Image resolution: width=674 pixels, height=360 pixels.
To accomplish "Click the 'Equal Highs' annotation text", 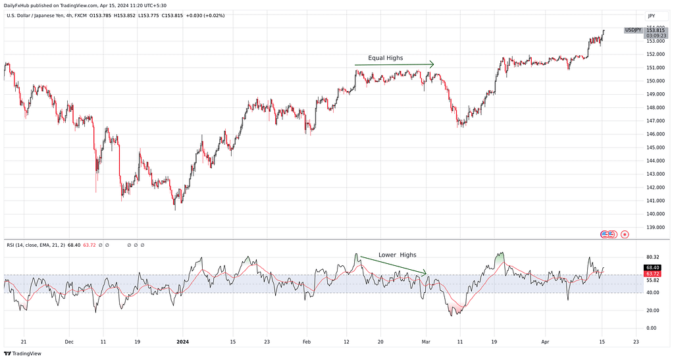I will (385, 58).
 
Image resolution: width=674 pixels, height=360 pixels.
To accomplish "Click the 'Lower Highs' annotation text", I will (397, 255).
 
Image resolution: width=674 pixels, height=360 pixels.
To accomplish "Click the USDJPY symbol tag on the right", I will (633, 30).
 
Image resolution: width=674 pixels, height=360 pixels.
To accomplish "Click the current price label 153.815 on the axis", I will (655, 30).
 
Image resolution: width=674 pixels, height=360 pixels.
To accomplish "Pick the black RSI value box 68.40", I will (653, 267).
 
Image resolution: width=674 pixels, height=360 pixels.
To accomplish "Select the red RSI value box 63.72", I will (653, 273).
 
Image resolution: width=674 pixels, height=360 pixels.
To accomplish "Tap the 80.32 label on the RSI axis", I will (653, 257).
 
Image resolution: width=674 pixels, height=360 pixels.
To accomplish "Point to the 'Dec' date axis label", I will (69, 342).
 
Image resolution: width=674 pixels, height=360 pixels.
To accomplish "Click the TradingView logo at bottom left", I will (23, 353).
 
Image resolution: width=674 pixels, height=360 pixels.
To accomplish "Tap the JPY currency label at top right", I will (651, 15).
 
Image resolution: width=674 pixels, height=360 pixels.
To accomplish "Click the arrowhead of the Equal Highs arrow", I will (432, 64).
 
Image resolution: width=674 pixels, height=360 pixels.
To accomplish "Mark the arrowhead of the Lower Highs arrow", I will (425, 272).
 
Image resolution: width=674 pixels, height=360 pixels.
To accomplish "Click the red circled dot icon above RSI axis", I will (625, 234).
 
